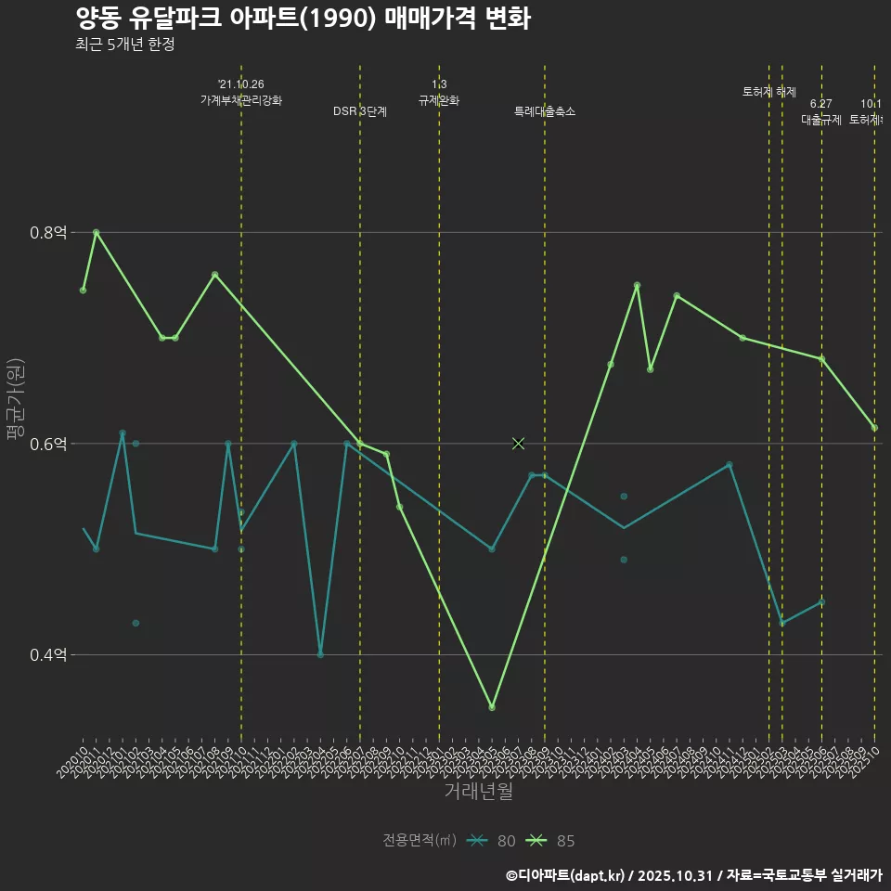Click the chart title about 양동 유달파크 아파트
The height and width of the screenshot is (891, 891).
pyautogui.click(x=303, y=19)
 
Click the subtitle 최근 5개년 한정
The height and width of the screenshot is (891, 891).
pyautogui.click(x=124, y=45)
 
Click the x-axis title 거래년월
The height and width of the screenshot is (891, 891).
pyautogui.click(x=478, y=792)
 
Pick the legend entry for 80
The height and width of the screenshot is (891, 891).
pyautogui.click(x=492, y=841)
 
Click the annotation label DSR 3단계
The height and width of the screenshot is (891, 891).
pyautogui.click(x=360, y=111)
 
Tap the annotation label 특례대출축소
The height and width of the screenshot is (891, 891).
pyautogui.click(x=545, y=111)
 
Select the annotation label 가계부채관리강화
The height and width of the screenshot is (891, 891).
pyautogui.click(x=241, y=99)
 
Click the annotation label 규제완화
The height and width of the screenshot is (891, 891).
pyautogui.click(x=439, y=100)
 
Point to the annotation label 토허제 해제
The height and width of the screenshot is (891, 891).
pyautogui.click(x=769, y=91)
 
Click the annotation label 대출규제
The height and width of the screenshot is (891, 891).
pyautogui.click(x=820, y=120)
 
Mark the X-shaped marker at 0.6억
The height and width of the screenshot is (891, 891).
pyautogui.click(x=519, y=444)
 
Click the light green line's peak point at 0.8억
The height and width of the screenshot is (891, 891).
pyautogui.click(x=97, y=232)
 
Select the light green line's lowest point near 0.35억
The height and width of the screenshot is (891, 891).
pyautogui.click(x=492, y=707)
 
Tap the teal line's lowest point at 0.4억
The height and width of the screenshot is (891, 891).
pyautogui.click(x=320, y=654)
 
